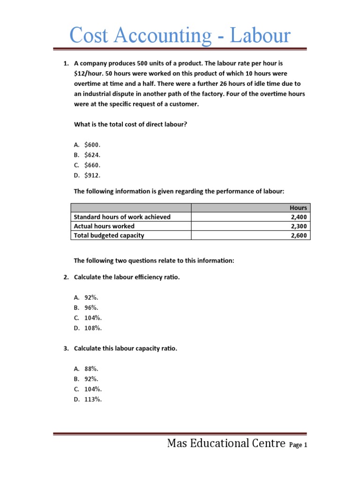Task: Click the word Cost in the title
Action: [90, 36]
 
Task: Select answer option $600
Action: [92, 144]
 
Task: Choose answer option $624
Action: [92, 155]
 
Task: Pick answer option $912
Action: [92, 175]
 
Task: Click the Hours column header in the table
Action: [298, 208]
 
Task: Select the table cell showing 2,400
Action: [299, 217]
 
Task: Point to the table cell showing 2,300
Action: [299, 226]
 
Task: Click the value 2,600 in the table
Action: [299, 235]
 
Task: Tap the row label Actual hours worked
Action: [104, 226]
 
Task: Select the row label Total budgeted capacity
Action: [109, 235]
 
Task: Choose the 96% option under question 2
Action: [91, 307]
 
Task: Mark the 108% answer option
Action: [93, 328]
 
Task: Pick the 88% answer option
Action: [91, 369]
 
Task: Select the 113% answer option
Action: [93, 399]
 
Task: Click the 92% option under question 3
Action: [91, 379]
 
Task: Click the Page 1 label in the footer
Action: [298, 445]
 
